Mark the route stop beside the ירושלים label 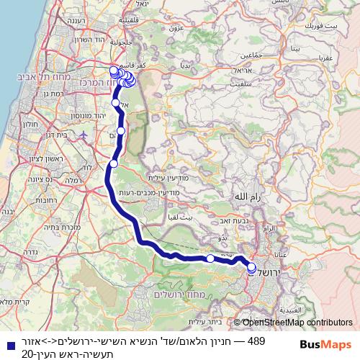coord(252,268)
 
